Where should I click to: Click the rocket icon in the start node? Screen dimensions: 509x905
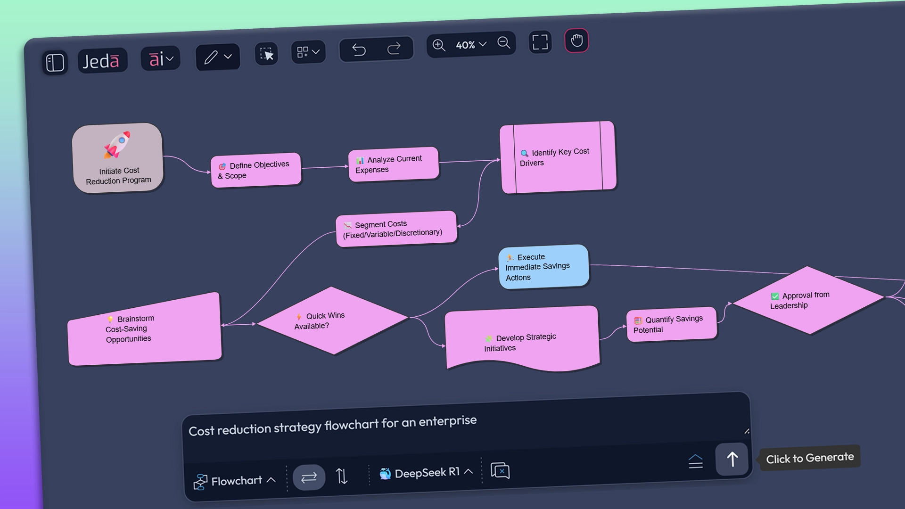pos(117,145)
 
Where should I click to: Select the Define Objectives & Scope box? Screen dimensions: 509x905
pos(256,170)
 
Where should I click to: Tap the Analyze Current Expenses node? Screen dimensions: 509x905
pos(393,164)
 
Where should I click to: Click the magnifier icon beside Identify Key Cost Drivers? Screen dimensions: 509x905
pos(524,153)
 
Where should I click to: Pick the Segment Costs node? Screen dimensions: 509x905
pos(396,229)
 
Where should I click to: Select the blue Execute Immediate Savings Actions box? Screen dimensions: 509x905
pos(543,267)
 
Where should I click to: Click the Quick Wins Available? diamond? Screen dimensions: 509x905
pos(332,320)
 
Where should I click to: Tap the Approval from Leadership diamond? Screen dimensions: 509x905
pos(808,300)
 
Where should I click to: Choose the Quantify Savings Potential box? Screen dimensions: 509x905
pos(671,324)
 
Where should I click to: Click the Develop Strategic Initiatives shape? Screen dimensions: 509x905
pos(522,340)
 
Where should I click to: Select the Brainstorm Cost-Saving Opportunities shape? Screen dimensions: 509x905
pos(144,329)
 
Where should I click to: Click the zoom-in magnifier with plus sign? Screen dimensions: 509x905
pos(439,45)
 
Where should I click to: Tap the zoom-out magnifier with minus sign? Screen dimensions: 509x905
pos(503,43)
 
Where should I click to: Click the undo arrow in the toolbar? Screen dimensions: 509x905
pos(359,49)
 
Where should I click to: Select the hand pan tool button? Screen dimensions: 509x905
pos(576,41)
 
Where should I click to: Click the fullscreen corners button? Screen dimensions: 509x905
pos(540,42)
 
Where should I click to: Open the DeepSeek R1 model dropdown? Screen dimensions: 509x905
pos(427,473)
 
